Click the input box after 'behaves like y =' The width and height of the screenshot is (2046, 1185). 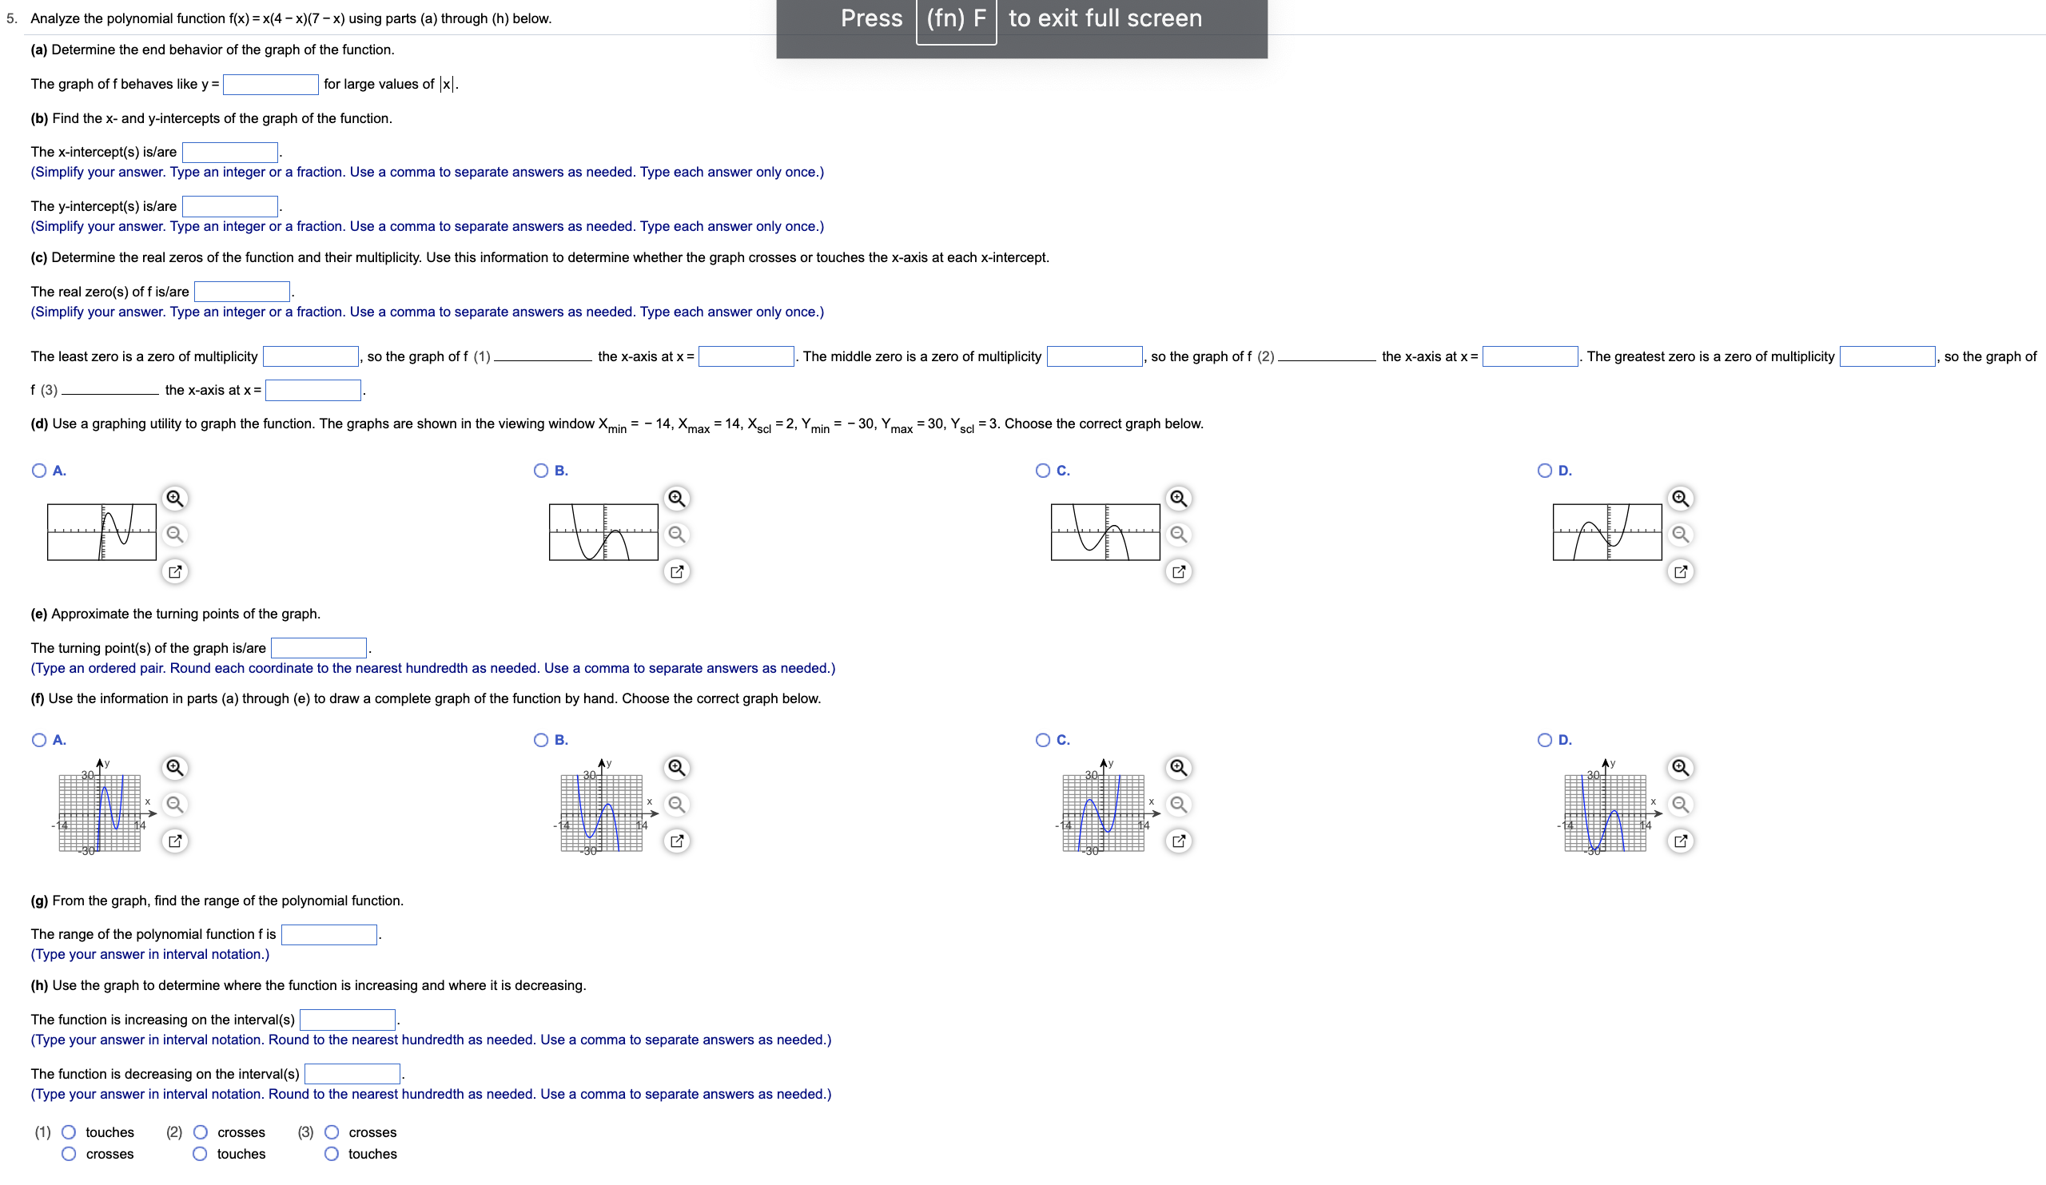click(270, 85)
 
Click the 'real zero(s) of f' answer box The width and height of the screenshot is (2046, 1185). click(242, 292)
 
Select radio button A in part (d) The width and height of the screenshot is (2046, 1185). click(39, 471)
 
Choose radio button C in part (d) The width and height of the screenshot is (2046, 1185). click(1043, 471)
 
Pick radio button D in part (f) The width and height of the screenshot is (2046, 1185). click(1545, 740)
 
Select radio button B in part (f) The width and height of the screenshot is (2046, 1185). click(541, 740)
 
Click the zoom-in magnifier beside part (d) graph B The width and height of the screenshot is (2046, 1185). click(676, 499)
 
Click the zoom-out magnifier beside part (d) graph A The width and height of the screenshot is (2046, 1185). click(174, 534)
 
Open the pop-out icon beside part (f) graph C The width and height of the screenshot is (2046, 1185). click(1179, 841)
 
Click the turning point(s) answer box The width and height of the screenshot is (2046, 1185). click(318, 648)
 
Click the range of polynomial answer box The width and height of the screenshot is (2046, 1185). click(328, 935)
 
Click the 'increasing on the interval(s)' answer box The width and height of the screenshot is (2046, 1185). click(348, 1020)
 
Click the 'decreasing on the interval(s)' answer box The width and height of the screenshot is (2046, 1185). click(352, 1075)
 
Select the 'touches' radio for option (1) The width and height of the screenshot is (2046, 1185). click(69, 1132)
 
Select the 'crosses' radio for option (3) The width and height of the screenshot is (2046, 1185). click(331, 1132)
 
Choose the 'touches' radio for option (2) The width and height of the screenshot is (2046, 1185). click(200, 1154)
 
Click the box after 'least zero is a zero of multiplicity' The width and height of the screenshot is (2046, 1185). click(311, 356)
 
